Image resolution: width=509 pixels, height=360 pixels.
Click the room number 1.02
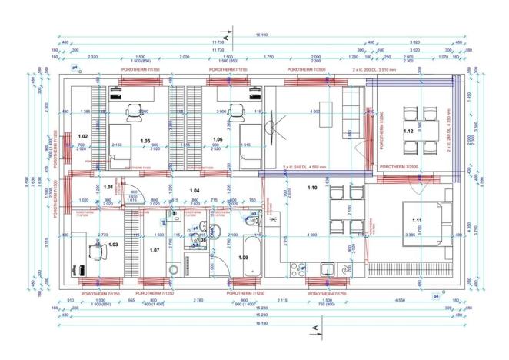pos(83,136)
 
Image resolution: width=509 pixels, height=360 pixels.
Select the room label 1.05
pos(145,142)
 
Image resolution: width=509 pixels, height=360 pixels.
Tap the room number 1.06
pos(218,139)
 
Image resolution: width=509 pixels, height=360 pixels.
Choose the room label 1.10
pos(313,186)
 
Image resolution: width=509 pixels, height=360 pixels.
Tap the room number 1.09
pos(244,256)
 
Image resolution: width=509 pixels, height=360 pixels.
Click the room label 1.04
pos(195,189)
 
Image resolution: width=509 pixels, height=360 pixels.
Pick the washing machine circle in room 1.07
pos(173,269)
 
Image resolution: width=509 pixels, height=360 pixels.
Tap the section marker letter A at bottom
pos(314,329)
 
